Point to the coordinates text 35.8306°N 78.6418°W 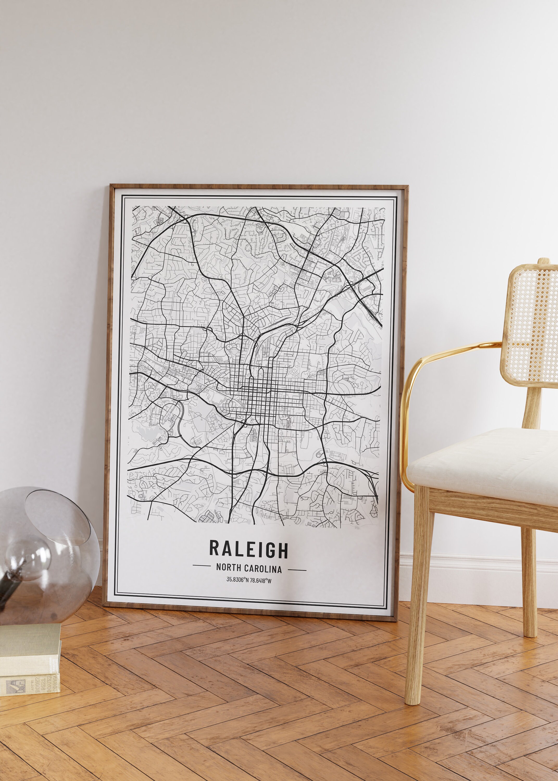(x=249, y=581)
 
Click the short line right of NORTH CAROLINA (x=297, y=570)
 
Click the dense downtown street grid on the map (x=258, y=395)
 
